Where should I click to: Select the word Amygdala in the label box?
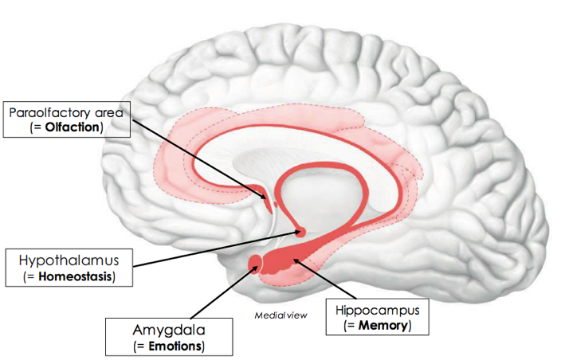point(168,330)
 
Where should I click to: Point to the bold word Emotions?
point(171,346)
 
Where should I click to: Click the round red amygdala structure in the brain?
point(257,262)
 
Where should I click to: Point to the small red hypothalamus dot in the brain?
point(300,233)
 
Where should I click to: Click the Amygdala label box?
point(169,337)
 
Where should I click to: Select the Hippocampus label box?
point(375,317)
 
